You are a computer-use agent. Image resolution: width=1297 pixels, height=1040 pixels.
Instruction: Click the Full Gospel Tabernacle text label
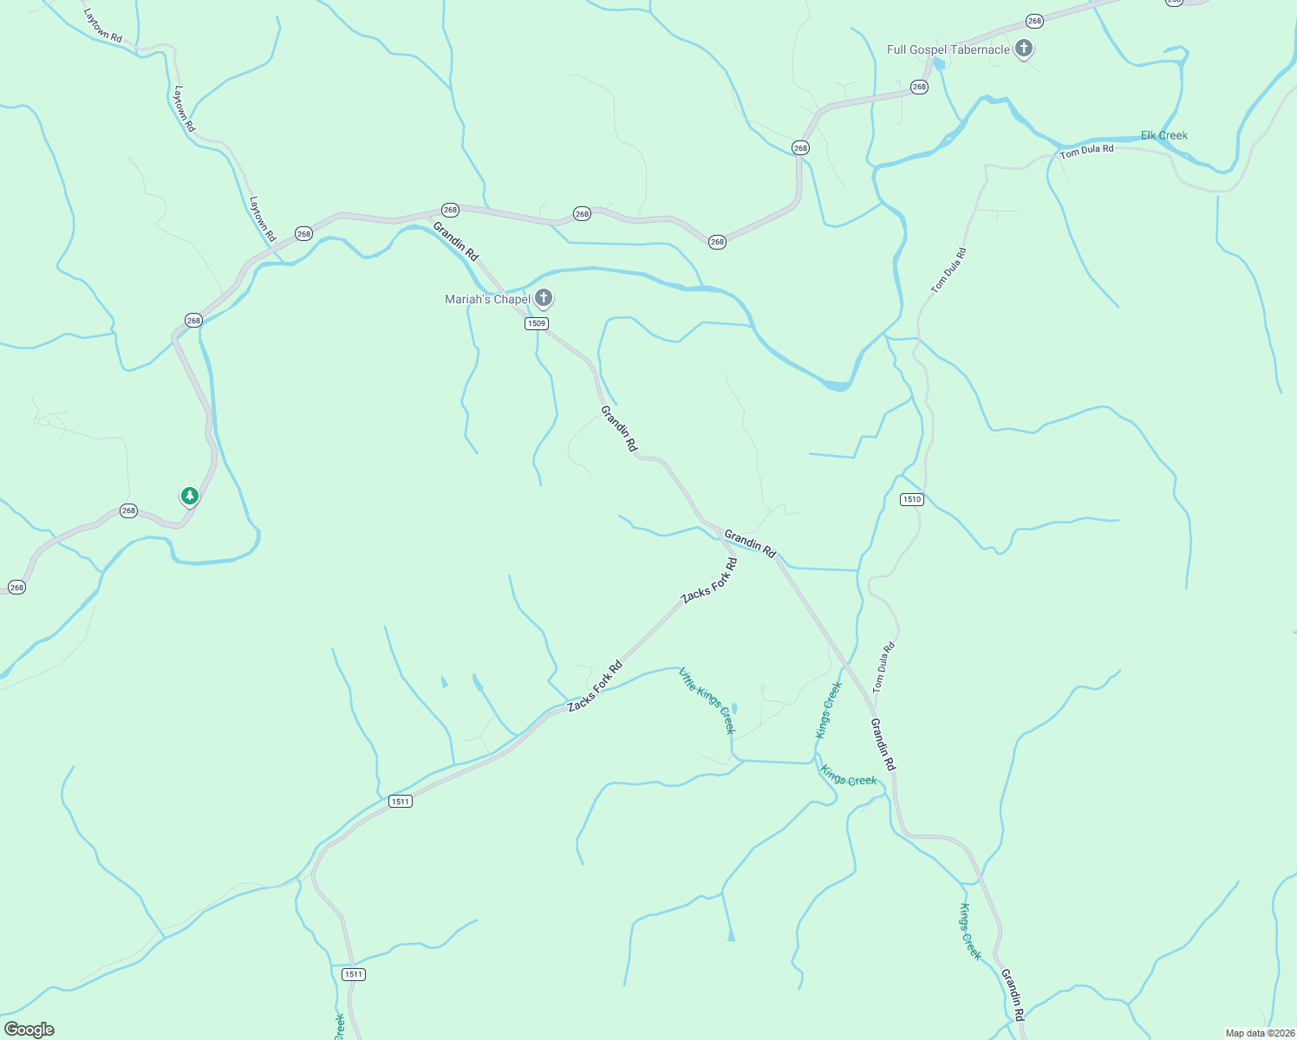tap(948, 50)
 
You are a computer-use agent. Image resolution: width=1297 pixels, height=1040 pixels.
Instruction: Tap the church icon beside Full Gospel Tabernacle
tap(1024, 49)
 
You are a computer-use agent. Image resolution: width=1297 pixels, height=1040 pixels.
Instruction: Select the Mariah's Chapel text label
tap(487, 300)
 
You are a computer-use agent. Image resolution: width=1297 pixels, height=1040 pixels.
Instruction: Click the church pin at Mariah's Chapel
tap(544, 298)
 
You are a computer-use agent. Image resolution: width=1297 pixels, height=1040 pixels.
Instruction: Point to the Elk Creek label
tap(1163, 135)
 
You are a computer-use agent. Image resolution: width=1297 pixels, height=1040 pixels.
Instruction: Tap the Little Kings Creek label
tap(707, 700)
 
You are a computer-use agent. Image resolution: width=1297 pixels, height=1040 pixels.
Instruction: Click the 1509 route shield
tap(537, 323)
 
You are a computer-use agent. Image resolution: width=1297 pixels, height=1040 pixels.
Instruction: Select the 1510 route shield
tap(911, 499)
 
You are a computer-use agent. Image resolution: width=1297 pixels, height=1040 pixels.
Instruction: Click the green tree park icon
tap(190, 496)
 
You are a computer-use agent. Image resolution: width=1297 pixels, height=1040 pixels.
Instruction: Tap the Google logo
tap(29, 1030)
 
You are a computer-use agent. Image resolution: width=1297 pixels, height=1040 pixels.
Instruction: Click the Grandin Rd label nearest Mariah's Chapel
tap(455, 242)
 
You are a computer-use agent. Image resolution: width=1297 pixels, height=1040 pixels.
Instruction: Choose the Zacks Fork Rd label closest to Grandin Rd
tap(709, 581)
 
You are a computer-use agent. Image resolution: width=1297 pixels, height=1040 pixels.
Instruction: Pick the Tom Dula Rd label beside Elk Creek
tap(1086, 152)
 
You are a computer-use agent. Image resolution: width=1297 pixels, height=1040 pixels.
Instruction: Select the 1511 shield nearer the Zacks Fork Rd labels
tap(400, 801)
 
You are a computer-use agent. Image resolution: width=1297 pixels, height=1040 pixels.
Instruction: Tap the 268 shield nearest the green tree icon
tap(128, 510)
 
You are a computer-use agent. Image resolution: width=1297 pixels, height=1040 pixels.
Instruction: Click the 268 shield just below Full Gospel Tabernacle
tap(919, 87)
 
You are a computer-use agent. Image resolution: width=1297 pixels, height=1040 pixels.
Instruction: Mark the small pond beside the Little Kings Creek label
tap(734, 707)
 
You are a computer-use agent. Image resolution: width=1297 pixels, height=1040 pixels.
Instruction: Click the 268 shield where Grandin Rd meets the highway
tap(450, 210)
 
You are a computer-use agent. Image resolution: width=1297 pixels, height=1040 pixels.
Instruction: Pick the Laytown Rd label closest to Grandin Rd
tap(262, 218)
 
